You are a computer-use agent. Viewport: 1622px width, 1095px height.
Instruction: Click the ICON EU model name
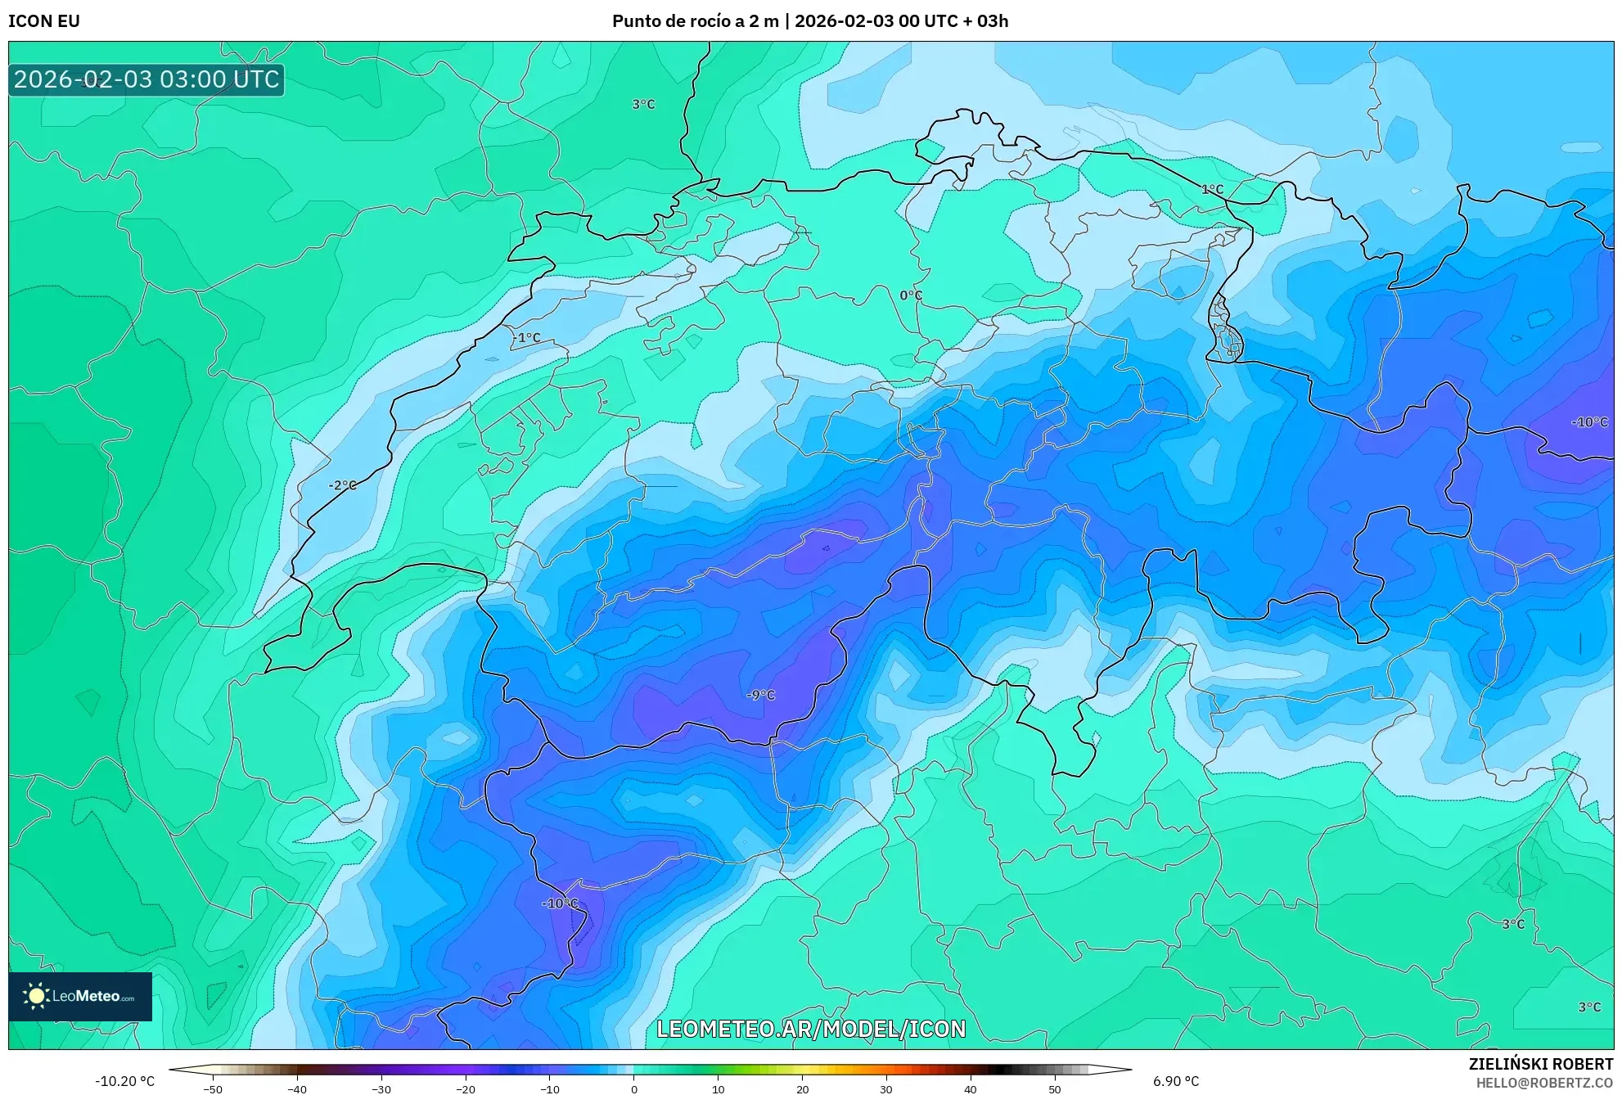click(44, 21)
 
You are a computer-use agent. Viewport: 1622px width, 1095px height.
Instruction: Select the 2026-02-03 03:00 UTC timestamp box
click(146, 79)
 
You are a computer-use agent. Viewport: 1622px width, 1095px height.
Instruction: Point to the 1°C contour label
click(1212, 189)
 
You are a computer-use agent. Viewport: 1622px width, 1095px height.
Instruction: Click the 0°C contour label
click(911, 295)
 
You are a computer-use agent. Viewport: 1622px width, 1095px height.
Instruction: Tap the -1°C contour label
click(527, 337)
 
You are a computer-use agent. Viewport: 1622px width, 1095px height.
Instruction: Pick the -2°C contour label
click(343, 485)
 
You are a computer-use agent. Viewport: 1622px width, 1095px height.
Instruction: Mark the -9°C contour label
click(760, 695)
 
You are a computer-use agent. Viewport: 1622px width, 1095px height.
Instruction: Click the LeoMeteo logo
click(80, 996)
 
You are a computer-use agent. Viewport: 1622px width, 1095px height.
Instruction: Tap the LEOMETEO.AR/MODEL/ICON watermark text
click(811, 1029)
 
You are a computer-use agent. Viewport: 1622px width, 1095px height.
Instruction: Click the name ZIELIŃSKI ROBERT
click(1541, 1064)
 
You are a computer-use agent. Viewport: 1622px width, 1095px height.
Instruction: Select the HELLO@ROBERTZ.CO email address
click(1544, 1083)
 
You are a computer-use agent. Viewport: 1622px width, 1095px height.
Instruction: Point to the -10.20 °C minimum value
click(124, 1081)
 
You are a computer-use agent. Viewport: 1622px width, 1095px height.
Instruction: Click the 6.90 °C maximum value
click(1176, 1081)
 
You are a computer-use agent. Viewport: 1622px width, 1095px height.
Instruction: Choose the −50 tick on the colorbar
click(213, 1089)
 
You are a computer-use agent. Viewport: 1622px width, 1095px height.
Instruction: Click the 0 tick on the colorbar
click(634, 1089)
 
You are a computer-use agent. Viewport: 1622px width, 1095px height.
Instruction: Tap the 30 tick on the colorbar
click(886, 1089)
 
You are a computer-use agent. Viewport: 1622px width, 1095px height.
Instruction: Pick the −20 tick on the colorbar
click(465, 1089)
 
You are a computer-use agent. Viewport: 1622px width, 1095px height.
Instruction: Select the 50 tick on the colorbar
click(1054, 1089)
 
